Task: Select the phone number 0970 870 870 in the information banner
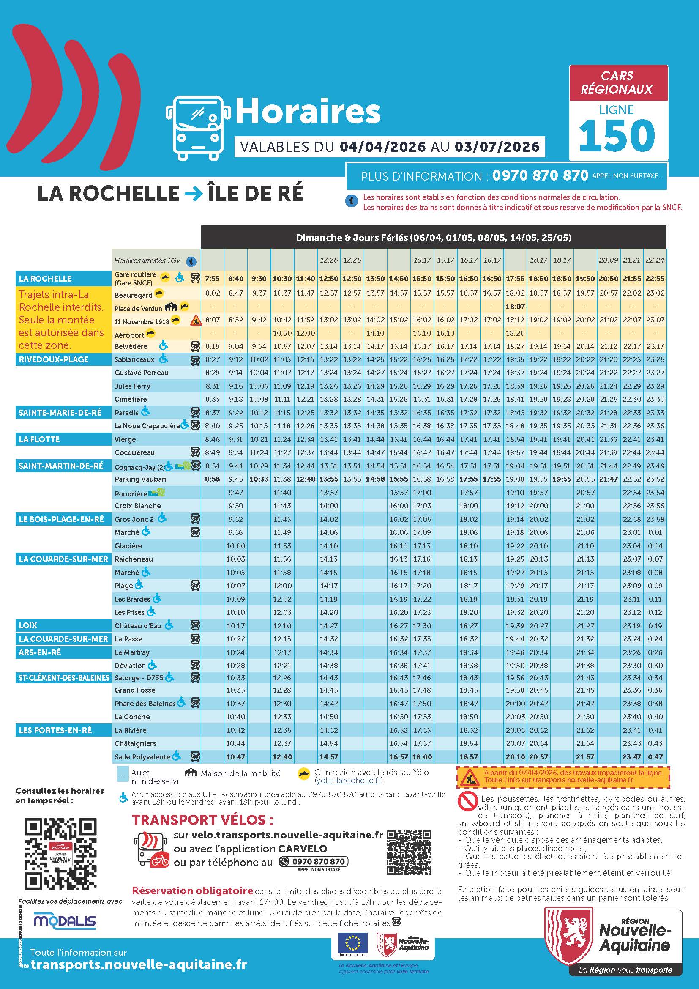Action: pyautogui.click(x=540, y=175)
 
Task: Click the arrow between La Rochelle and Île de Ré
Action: pyautogui.click(x=193, y=194)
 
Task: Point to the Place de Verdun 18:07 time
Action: pyautogui.click(x=515, y=307)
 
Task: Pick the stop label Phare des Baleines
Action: pyautogui.click(x=145, y=704)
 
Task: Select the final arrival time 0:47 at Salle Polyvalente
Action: pyautogui.click(x=655, y=756)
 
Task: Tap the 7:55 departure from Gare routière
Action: pyautogui.click(x=212, y=279)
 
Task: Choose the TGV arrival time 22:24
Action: pyautogui.click(x=655, y=260)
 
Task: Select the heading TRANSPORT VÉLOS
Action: pyautogui.click(x=202, y=819)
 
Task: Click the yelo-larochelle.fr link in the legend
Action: pyautogui.click(x=348, y=781)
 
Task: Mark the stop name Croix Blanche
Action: pyautogui.click(x=138, y=506)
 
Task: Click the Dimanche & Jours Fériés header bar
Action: pyautogui.click(x=434, y=237)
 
